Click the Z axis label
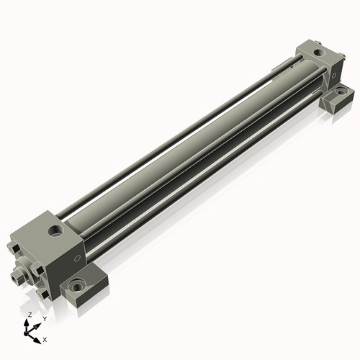[x=29, y=315]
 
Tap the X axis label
[x=45, y=338]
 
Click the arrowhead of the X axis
[x=39, y=336]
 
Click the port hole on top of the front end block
[x=55, y=233]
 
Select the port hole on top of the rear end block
[x=317, y=53]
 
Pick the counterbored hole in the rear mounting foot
[x=338, y=93]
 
